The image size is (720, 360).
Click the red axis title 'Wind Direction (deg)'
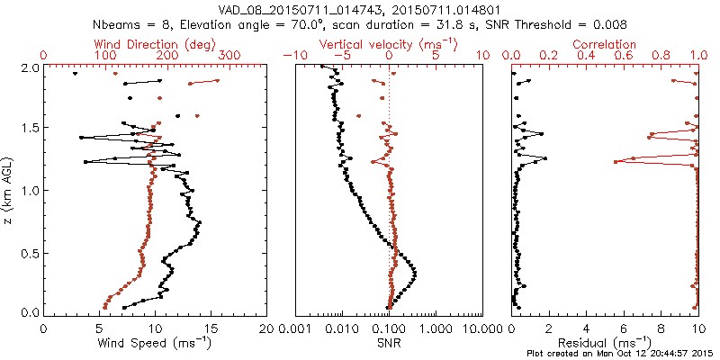click(x=154, y=44)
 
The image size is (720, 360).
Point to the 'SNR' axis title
click(x=390, y=342)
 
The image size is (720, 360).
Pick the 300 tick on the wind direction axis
click(x=229, y=56)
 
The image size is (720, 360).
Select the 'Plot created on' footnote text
click(x=621, y=353)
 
